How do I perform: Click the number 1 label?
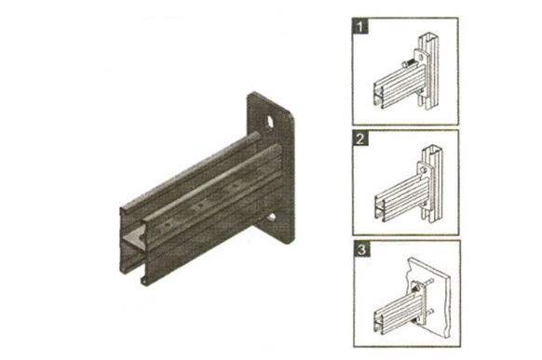(360, 27)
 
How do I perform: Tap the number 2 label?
(360, 139)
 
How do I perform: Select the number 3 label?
(361, 249)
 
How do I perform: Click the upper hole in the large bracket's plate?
(269, 122)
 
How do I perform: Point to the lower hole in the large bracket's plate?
(272, 217)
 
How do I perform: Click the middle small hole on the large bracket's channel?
(200, 207)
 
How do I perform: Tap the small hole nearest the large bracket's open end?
(167, 225)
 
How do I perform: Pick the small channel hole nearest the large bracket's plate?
(237, 186)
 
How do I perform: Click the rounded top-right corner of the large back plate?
(291, 114)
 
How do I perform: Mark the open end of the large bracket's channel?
(134, 245)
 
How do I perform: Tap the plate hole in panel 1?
(420, 57)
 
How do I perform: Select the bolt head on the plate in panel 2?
(423, 169)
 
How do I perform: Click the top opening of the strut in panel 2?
(432, 149)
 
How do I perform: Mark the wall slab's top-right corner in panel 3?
(449, 275)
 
